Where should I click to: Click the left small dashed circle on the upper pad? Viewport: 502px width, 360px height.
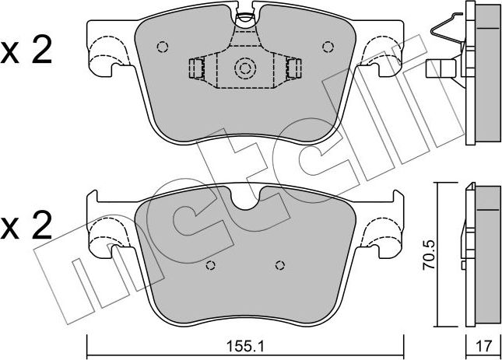162,46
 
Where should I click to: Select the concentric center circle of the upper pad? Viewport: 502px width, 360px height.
245,70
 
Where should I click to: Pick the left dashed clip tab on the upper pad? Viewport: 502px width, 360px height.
195,69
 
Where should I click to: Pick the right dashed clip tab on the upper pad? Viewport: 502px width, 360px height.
294,69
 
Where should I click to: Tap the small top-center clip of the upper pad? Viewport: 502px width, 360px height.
245,16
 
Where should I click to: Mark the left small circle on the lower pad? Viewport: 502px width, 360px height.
210,266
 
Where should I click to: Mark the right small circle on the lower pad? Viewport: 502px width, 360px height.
279,266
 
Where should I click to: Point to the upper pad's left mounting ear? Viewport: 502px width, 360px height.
106,53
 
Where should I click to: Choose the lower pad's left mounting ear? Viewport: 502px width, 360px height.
106,231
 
